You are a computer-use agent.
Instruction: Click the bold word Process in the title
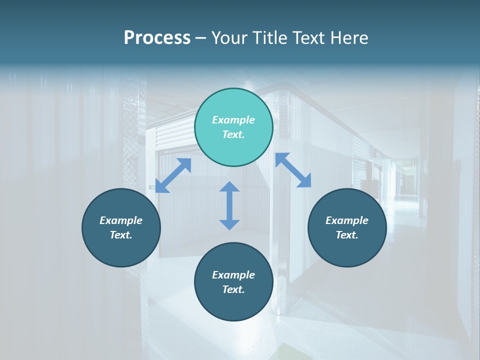click(157, 38)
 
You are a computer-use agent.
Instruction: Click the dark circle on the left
click(121, 227)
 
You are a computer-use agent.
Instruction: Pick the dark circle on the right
click(347, 227)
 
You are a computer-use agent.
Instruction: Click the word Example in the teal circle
click(233, 120)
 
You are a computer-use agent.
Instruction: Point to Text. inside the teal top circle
click(233, 134)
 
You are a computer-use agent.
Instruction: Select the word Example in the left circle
click(121, 220)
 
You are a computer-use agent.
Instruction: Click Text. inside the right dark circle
click(347, 235)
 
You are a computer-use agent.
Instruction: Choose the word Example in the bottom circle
click(233, 275)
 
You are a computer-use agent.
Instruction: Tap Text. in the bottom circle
click(233, 289)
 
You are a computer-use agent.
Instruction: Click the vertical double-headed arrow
click(229, 205)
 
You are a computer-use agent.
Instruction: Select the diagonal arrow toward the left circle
click(173, 175)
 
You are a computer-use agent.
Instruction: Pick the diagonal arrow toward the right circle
click(293, 170)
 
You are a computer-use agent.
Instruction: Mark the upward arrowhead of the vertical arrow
click(229, 187)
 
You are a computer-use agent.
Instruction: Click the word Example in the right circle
click(347, 220)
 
